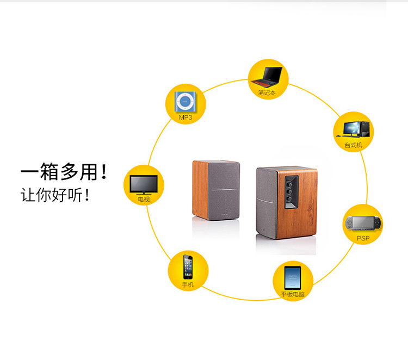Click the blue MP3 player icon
click(x=186, y=102)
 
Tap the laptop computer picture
click(x=267, y=77)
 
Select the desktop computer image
click(x=353, y=129)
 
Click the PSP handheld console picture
click(x=362, y=223)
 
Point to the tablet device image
click(x=293, y=278)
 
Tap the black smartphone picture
click(x=188, y=267)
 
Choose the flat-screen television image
click(x=144, y=185)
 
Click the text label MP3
click(x=186, y=117)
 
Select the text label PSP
click(x=363, y=238)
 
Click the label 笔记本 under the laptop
click(x=267, y=92)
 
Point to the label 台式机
click(x=354, y=145)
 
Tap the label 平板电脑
click(x=293, y=294)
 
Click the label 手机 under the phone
click(x=188, y=285)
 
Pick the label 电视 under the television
click(x=144, y=200)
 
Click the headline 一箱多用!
click(x=64, y=172)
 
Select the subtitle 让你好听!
click(x=55, y=195)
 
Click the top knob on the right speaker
click(x=289, y=185)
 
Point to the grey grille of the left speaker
click(x=224, y=190)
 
